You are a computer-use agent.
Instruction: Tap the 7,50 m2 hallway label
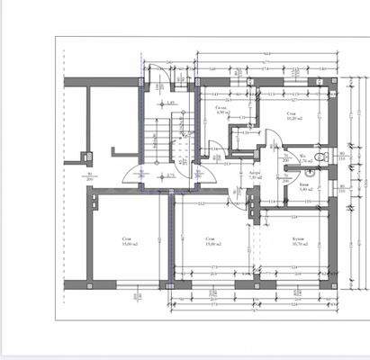(255, 176)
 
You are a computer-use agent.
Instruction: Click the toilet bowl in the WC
(320, 158)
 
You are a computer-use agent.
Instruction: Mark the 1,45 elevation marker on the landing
(169, 106)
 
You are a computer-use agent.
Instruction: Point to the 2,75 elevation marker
(167, 175)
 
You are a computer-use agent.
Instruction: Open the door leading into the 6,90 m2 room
(214, 148)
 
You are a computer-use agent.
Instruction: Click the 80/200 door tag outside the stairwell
(87, 176)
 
